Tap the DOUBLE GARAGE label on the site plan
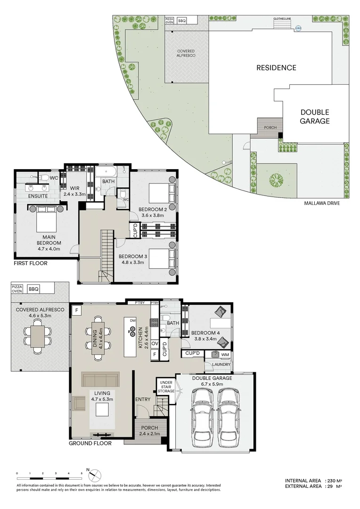tap(315, 116)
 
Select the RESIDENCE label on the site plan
tap(276, 68)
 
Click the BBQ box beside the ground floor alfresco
tap(33, 289)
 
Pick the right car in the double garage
tap(229, 411)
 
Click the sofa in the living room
tap(100, 379)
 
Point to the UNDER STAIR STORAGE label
tap(166, 386)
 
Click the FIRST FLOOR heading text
tap(31, 263)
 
